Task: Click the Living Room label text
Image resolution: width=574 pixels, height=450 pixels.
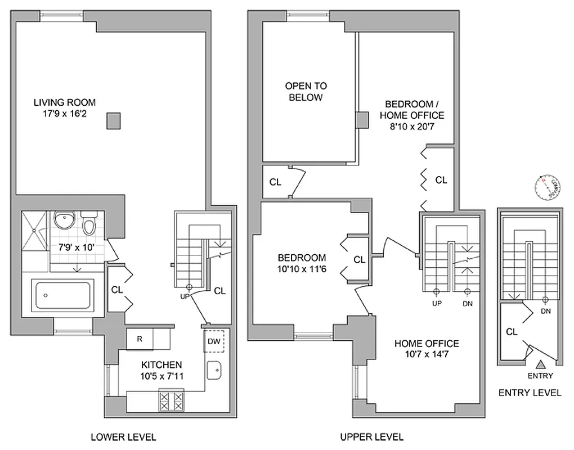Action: (x=65, y=102)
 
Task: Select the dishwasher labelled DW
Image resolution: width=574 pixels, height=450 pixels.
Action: (x=214, y=341)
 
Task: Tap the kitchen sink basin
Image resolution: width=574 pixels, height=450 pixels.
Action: (x=214, y=370)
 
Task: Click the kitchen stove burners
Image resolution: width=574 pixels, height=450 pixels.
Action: (x=172, y=400)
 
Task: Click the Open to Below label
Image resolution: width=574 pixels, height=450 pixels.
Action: (x=306, y=92)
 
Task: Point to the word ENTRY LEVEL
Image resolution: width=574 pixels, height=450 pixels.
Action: (x=530, y=393)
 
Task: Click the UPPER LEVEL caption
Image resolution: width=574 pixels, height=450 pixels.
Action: (x=371, y=436)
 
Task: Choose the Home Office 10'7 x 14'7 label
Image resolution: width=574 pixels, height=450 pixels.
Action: (x=426, y=349)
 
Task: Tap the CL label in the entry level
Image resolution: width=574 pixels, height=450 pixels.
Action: (x=512, y=332)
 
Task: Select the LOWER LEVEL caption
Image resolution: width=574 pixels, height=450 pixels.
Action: (x=123, y=436)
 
